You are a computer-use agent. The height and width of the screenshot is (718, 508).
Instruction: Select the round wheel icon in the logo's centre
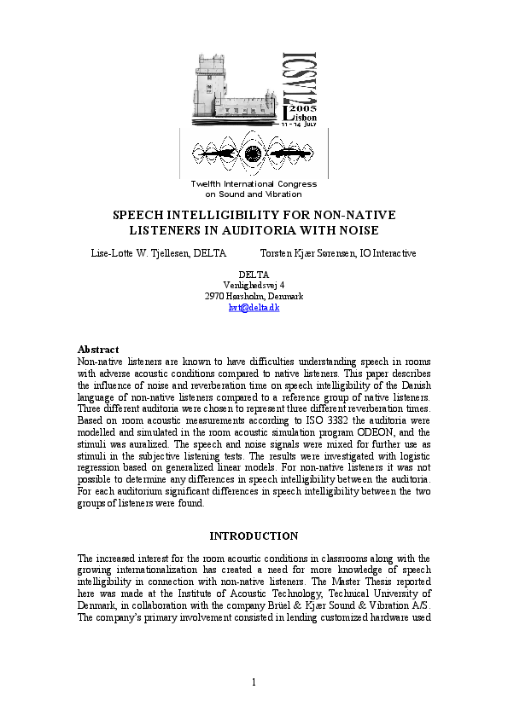point(253,153)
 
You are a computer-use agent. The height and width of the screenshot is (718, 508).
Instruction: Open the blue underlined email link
point(254,307)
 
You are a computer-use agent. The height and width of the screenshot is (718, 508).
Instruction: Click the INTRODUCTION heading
point(254,536)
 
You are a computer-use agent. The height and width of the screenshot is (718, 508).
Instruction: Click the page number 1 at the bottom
point(254,680)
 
